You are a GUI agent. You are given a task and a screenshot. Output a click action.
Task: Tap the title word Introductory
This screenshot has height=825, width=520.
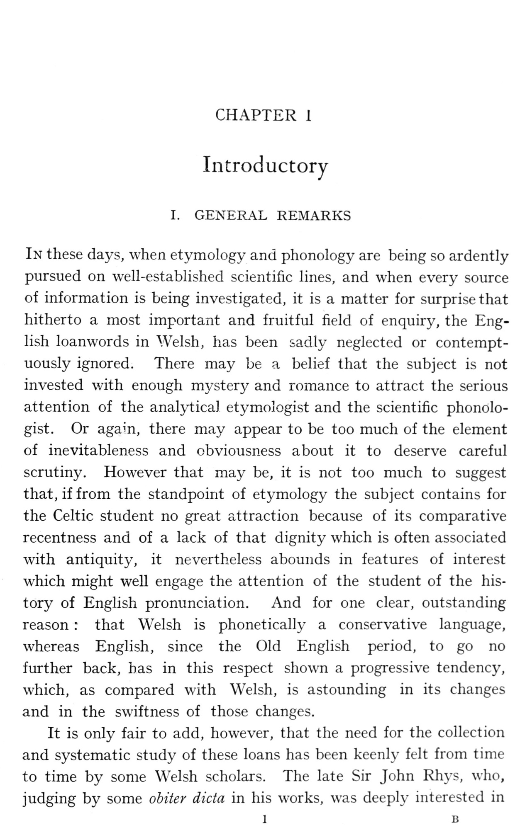[x=265, y=165]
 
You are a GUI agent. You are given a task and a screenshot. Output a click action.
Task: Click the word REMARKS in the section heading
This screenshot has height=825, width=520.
[x=314, y=216]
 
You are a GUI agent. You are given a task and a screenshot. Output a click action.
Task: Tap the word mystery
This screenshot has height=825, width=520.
[x=220, y=386]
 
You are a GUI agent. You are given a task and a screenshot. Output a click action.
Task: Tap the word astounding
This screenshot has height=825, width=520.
[x=347, y=690]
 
